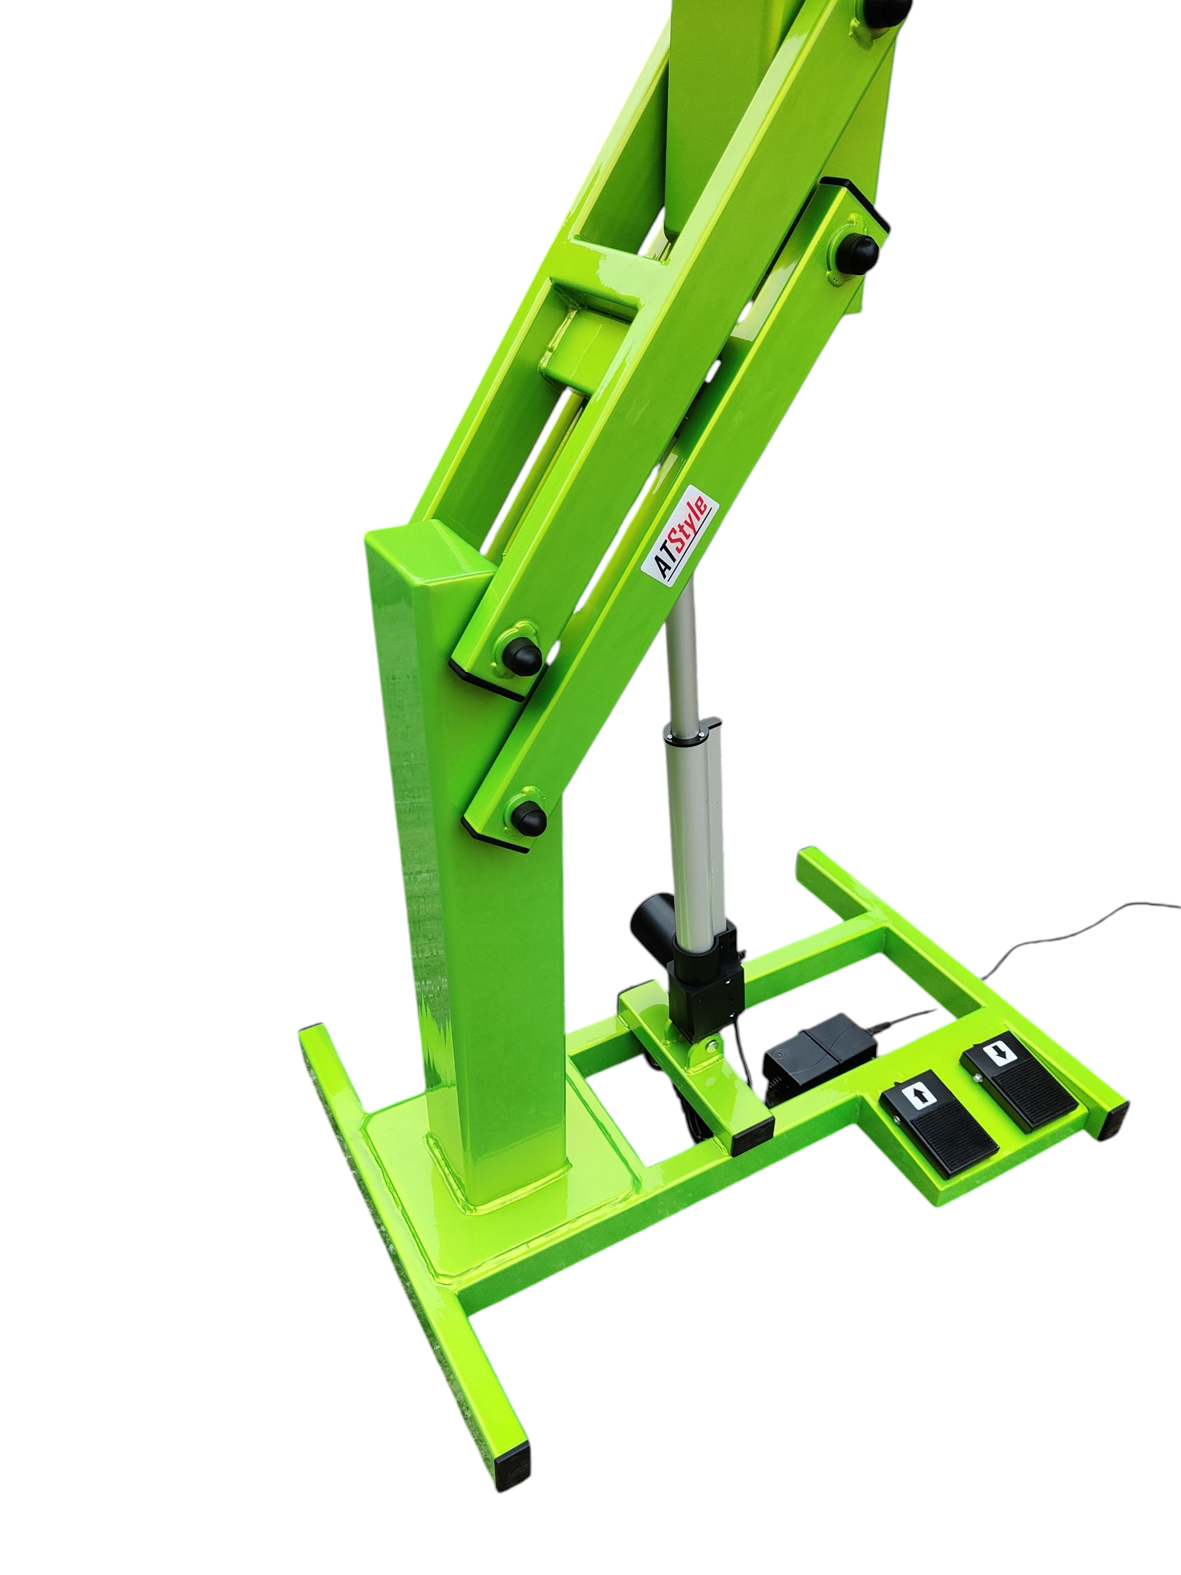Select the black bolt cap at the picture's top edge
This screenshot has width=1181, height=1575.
point(888,9)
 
